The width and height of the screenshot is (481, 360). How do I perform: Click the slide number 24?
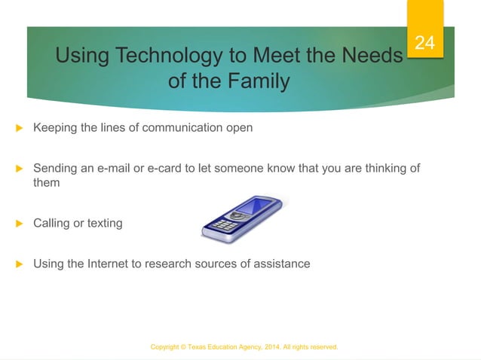tap(425, 43)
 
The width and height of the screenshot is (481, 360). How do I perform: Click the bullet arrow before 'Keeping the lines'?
tap(20, 128)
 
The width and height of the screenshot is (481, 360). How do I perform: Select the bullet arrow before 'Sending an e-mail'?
tap(20, 169)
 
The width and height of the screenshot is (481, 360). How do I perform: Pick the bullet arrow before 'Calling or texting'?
tap(20, 224)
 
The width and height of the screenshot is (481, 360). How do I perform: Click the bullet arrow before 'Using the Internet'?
tap(20, 264)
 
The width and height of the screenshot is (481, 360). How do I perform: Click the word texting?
tap(104, 223)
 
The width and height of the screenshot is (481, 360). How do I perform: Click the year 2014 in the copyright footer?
tap(268, 347)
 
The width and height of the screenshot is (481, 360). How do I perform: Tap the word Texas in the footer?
tap(194, 347)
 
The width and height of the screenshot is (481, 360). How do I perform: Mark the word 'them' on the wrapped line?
tap(46, 182)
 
